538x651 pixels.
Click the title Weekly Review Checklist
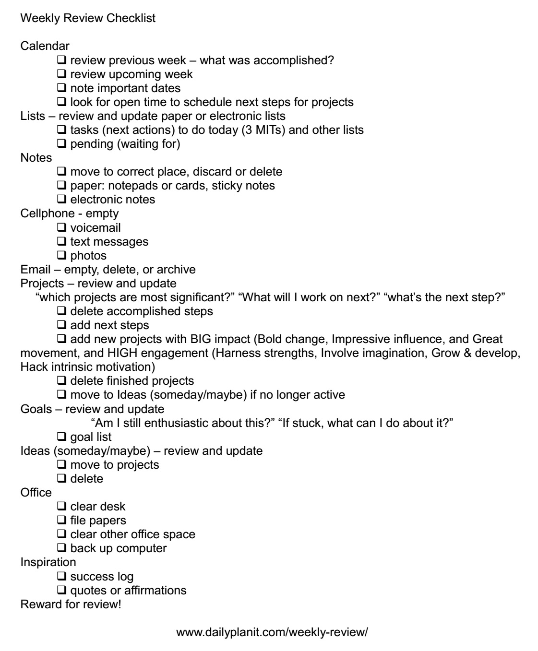click(88, 19)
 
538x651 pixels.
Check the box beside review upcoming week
click(61, 74)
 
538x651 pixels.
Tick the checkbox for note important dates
click(61, 88)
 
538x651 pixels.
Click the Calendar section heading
click(45, 47)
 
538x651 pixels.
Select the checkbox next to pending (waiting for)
click(61, 144)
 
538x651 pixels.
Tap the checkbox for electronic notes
click(61, 200)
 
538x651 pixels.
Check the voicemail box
click(61, 227)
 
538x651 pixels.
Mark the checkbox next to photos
click(61, 255)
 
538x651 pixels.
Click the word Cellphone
click(47, 213)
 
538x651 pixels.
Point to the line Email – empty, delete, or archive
click(108, 269)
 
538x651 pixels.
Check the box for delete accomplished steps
click(61, 311)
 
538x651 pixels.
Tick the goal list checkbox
click(61, 437)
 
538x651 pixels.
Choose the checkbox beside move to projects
click(61, 465)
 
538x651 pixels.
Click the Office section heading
click(36, 493)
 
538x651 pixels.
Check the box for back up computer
click(61, 548)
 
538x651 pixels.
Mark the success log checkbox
click(61, 576)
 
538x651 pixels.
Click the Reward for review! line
click(71, 604)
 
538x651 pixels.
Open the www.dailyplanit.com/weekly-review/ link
click(272, 632)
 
